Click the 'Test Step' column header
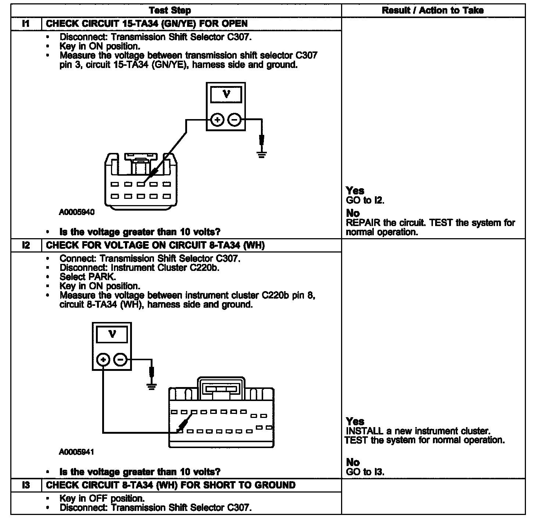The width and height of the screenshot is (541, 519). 170,10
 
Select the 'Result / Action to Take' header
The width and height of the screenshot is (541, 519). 433,10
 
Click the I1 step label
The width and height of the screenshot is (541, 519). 26,24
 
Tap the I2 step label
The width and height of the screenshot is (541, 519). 26,246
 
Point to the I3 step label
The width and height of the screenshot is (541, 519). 26,485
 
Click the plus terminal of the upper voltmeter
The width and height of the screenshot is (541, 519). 218,120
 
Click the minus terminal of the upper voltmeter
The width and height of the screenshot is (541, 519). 234,120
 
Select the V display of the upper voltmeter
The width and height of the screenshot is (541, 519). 226,94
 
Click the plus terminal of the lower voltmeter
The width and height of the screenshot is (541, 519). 104,360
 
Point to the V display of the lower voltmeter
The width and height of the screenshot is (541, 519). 112,334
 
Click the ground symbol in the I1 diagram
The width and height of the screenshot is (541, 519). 261,154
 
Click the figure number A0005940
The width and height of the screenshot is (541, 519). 76,212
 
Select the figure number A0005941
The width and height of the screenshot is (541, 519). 76,452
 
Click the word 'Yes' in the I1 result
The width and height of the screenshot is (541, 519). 355,190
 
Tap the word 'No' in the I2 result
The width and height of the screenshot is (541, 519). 353,462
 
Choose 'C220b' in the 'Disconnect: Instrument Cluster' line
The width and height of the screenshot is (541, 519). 204,268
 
